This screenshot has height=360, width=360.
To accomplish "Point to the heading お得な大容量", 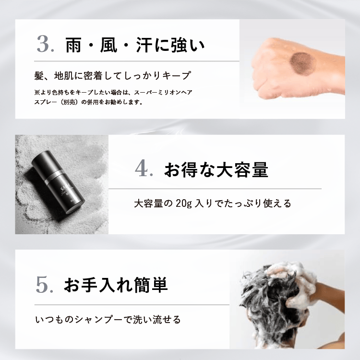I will [216, 170].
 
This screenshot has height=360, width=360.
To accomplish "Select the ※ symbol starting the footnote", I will [37, 92].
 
